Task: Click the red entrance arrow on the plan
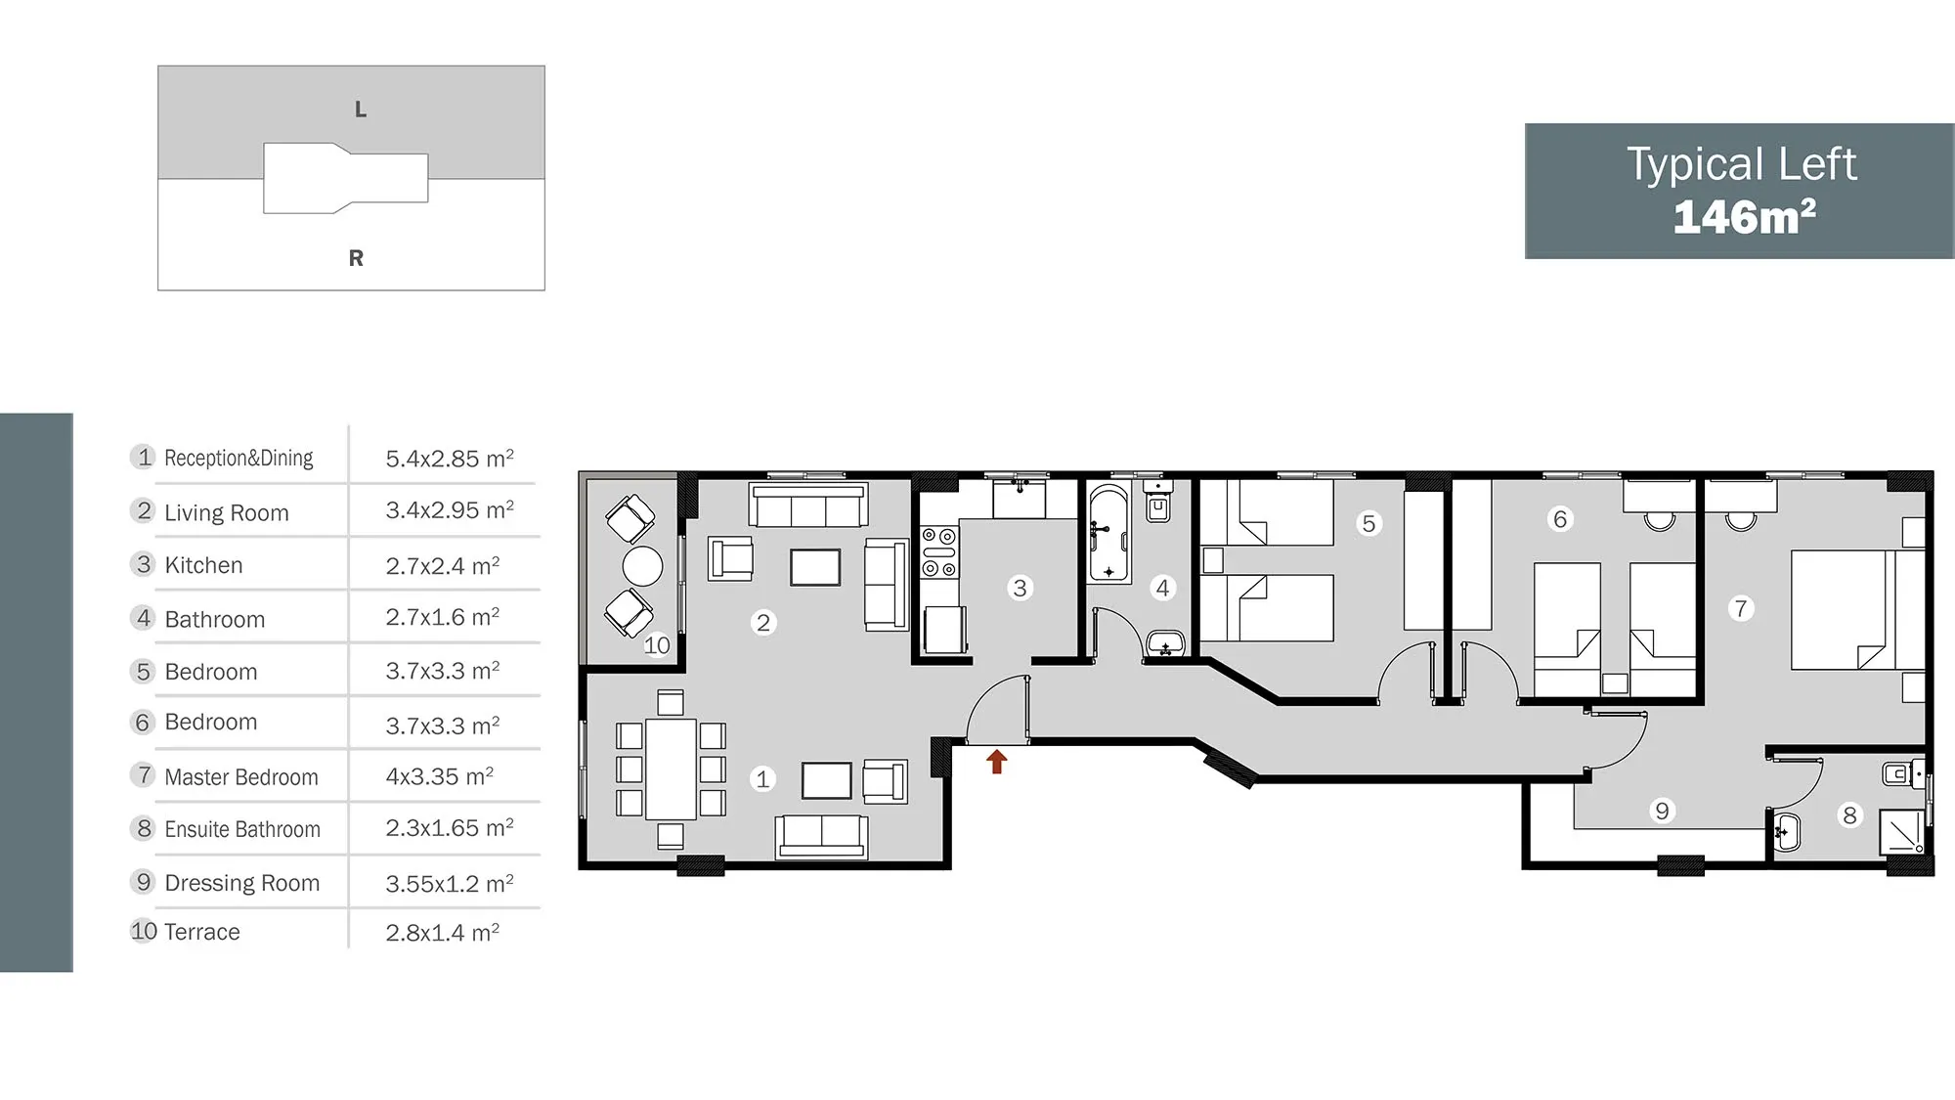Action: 996,762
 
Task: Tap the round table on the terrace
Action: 642,565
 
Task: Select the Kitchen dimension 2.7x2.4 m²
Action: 443,566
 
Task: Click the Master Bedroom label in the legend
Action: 241,777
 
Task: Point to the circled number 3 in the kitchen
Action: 1020,588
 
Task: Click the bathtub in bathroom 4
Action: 1108,533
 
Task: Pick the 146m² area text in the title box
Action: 1744,216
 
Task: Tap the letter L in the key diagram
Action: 361,110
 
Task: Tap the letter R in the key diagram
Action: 356,258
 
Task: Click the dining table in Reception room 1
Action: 672,769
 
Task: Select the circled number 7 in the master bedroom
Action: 1740,608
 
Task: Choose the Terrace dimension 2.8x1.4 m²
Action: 443,933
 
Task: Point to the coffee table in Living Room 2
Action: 815,567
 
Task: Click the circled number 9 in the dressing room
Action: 1662,811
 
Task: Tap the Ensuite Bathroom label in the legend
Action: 242,830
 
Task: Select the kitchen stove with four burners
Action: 939,552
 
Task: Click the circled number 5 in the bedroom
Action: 1368,523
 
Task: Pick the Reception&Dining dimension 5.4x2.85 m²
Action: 450,459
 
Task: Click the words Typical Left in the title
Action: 1742,164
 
